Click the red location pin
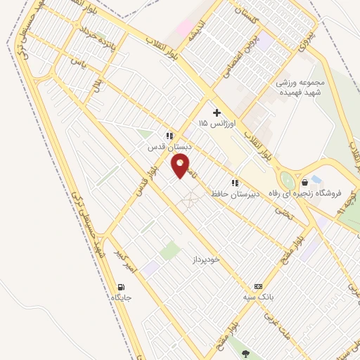[x=181, y=166]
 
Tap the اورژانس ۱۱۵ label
[x=212, y=124]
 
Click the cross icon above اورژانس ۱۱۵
[x=217, y=112]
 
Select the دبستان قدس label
[x=165, y=148]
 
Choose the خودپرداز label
[x=206, y=259]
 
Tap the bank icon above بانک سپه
[x=258, y=287]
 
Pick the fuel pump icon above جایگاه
[x=121, y=287]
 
